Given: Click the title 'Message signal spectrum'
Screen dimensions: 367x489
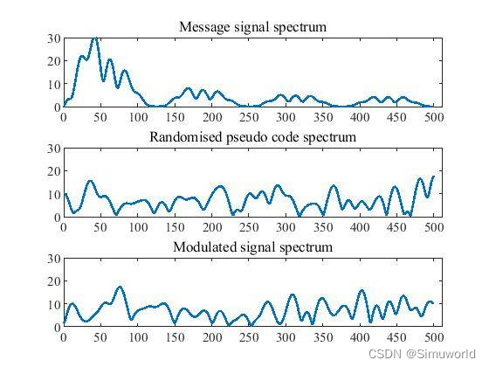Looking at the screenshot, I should pyautogui.click(x=252, y=27).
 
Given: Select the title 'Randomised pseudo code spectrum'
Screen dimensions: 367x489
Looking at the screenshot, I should pyautogui.click(x=252, y=137).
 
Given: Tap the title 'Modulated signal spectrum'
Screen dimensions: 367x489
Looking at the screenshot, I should pyautogui.click(x=252, y=247).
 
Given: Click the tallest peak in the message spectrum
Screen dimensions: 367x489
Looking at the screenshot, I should pyautogui.click(x=94, y=38).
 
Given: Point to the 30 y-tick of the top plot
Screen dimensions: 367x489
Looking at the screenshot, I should pyautogui.click(x=53, y=38).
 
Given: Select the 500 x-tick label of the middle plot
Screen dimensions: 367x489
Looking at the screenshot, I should pyautogui.click(x=434, y=227).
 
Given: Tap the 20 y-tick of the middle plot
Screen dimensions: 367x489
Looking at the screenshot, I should pyautogui.click(x=53, y=171).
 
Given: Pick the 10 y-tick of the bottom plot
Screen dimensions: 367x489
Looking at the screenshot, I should pyautogui.click(x=53, y=304).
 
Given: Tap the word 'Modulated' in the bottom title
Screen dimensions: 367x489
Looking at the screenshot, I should pyautogui.click(x=203, y=247).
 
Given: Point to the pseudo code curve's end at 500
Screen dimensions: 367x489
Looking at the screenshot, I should pyautogui.click(x=433, y=177).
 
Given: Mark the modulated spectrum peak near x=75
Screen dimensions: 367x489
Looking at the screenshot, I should pyautogui.click(x=120, y=287).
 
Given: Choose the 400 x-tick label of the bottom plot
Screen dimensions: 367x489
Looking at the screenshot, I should pyautogui.click(x=360, y=337).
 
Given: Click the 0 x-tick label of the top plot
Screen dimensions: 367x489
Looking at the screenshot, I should pyautogui.click(x=63, y=117).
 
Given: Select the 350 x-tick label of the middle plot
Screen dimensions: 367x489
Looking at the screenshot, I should pyautogui.click(x=323, y=227).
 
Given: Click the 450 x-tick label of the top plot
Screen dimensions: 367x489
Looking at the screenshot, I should pyautogui.click(x=397, y=117).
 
